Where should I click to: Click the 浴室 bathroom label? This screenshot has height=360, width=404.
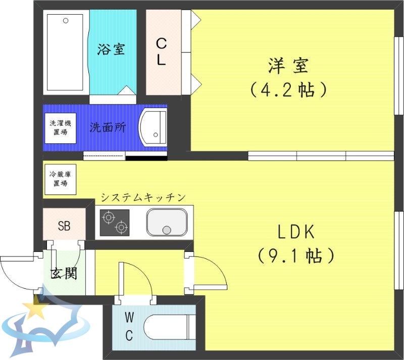click(111, 49)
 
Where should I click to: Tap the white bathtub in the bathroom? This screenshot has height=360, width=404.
click(66, 51)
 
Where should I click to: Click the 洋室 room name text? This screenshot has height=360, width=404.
click(289, 66)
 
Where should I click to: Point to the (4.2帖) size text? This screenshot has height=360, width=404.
click(289, 90)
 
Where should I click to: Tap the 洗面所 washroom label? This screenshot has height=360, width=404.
click(108, 127)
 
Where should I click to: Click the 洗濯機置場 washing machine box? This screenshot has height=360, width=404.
click(60, 128)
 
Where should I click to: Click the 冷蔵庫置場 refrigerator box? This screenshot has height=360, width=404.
click(60, 179)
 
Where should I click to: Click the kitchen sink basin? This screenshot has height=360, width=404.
click(167, 223)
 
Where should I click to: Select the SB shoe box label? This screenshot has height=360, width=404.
click(64, 226)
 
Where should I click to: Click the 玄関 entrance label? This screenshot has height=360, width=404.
click(64, 273)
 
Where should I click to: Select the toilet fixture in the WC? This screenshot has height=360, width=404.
click(168, 327)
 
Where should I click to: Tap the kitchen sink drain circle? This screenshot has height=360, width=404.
click(167, 231)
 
